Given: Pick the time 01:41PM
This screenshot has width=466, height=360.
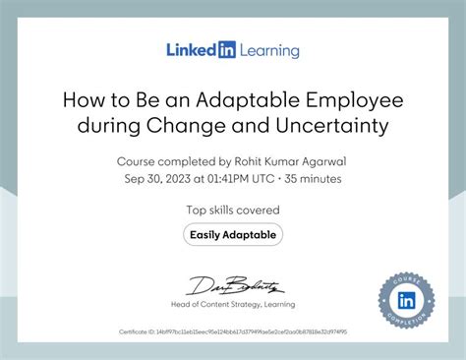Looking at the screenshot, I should coord(232,180).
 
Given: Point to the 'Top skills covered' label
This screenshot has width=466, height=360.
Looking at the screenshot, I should coord(233,210).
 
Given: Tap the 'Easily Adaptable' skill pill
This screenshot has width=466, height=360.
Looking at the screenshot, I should coord(233,234).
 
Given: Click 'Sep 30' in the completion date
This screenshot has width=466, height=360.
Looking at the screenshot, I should coord(143,180).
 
